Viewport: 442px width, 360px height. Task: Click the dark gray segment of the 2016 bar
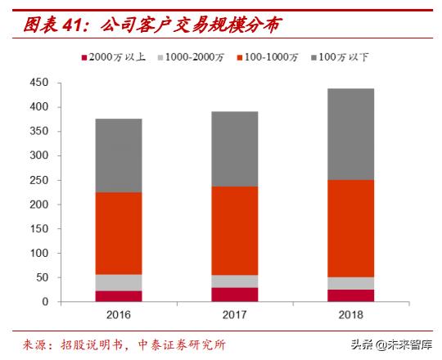[119, 155]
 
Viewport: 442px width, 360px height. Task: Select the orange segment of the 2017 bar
[235, 231]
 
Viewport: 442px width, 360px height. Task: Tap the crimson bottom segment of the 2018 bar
[351, 295]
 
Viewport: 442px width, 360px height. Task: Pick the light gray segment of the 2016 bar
[119, 283]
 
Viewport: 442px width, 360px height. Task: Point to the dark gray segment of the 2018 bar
[351, 134]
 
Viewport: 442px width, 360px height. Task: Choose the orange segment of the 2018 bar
[351, 229]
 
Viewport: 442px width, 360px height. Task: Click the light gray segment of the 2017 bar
[235, 281]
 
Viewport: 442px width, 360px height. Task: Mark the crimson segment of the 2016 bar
[119, 296]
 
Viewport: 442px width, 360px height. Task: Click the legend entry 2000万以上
[113, 57]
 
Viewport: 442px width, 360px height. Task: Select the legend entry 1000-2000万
[191, 57]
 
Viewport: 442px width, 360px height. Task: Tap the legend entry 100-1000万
[267, 57]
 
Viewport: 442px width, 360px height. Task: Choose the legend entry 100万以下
[340, 57]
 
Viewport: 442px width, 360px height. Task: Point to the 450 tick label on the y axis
[39, 83]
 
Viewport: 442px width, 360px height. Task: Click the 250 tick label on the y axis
[39, 180]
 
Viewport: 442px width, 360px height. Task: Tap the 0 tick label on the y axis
[45, 302]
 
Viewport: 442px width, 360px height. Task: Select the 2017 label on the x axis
[235, 315]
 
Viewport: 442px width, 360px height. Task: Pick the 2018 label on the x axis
[351, 315]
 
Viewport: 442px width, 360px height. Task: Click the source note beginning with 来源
[124, 344]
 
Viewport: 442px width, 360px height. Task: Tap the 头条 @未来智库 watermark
[391, 344]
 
